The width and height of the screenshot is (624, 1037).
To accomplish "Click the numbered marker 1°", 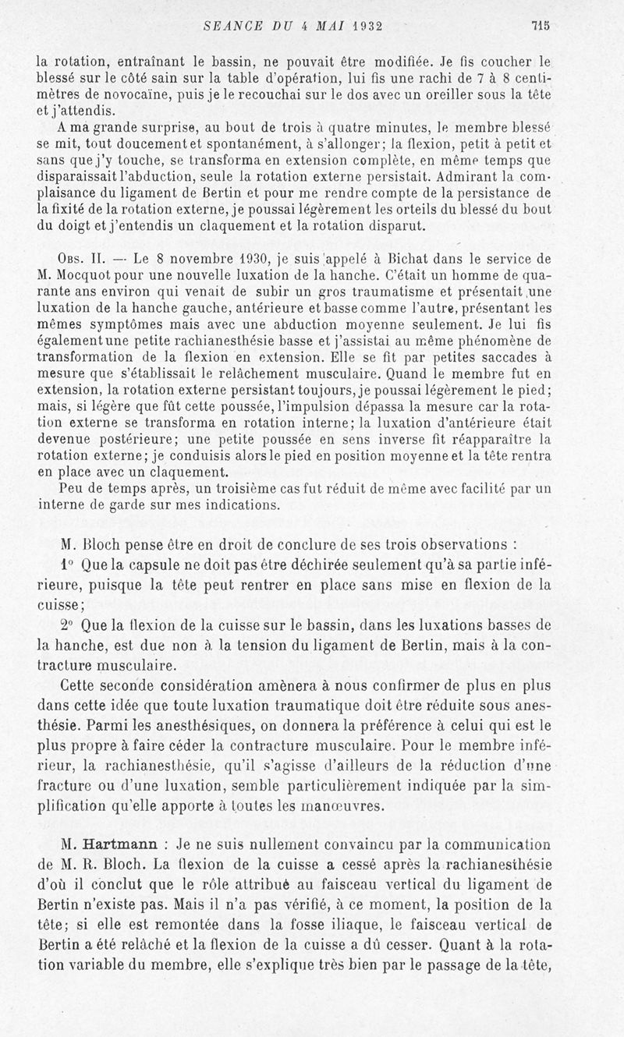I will point(65,562).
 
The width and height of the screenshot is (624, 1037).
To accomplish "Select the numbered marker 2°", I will point(66,625).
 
